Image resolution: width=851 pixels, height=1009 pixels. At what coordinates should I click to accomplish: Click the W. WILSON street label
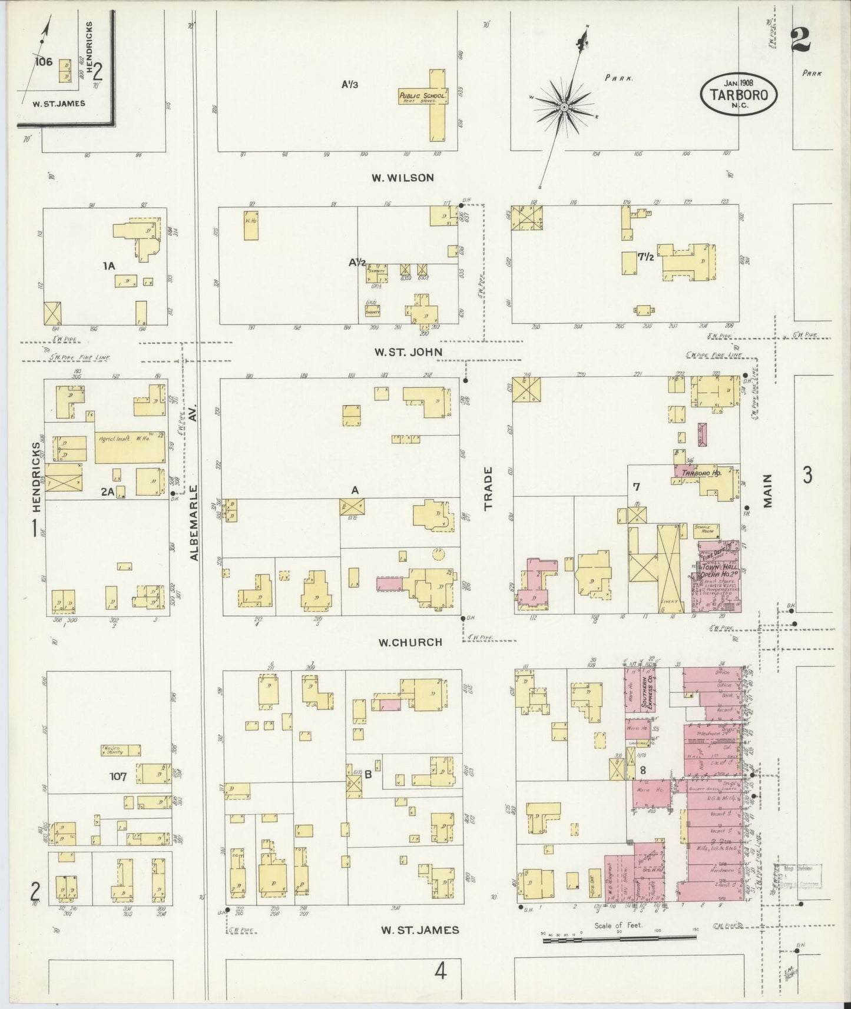tap(402, 177)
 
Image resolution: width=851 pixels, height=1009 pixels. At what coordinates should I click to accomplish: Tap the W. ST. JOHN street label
tap(409, 352)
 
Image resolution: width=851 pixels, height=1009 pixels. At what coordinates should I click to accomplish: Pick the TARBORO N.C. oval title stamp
tap(739, 94)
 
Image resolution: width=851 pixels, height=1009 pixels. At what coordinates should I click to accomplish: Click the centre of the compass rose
tap(564, 107)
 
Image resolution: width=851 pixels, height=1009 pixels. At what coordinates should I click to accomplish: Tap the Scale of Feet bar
tap(618, 935)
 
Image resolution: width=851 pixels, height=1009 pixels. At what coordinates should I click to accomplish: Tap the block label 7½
tap(646, 257)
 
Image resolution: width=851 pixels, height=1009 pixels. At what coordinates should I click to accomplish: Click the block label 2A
tap(107, 492)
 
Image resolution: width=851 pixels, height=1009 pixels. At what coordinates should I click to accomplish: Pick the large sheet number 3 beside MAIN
tap(807, 474)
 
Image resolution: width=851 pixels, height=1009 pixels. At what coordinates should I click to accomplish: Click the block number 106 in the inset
tap(44, 61)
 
